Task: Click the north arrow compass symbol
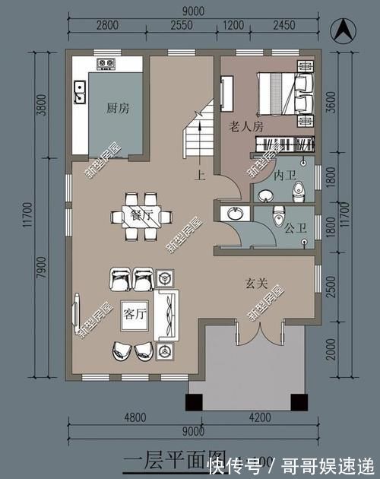[x=344, y=33]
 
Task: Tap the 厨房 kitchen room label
[x=118, y=109]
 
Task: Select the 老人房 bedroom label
[x=245, y=127]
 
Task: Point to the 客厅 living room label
[x=135, y=314]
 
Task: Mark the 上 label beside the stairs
[x=200, y=176]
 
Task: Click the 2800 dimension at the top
[x=107, y=26]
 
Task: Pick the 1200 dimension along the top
[x=233, y=26]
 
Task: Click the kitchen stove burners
[x=105, y=63]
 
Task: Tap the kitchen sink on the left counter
[x=78, y=94]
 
